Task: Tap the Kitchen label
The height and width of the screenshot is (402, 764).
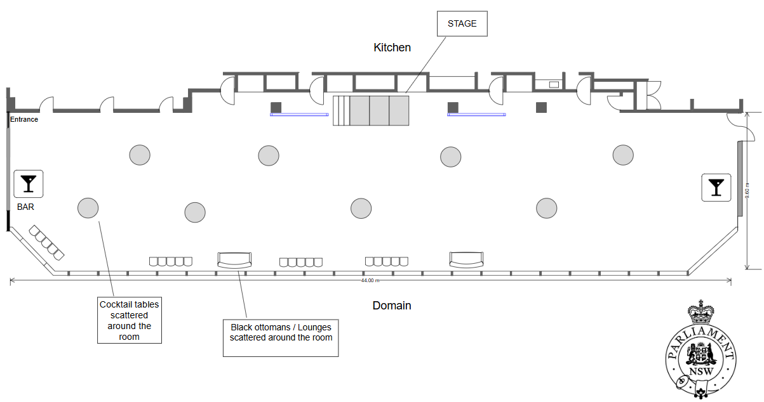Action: [x=392, y=48]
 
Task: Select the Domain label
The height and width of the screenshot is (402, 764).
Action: [x=391, y=306]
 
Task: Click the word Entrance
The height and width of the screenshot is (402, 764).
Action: [x=24, y=119]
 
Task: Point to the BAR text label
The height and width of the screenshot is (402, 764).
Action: [x=25, y=207]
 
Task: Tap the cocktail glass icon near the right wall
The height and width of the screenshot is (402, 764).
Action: [x=716, y=187]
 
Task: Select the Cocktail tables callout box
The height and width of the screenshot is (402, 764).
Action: [x=130, y=320]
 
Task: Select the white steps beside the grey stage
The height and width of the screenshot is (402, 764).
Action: [x=341, y=110]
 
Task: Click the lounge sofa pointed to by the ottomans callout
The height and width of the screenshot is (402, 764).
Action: [x=234, y=259]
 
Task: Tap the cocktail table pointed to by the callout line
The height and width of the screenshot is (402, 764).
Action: [x=88, y=207]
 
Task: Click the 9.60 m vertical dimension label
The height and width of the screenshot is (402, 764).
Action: [x=749, y=190]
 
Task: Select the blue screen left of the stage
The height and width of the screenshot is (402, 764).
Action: [x=299, y=115]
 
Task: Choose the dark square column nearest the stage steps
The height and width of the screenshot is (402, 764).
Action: [x=276, y=107]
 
